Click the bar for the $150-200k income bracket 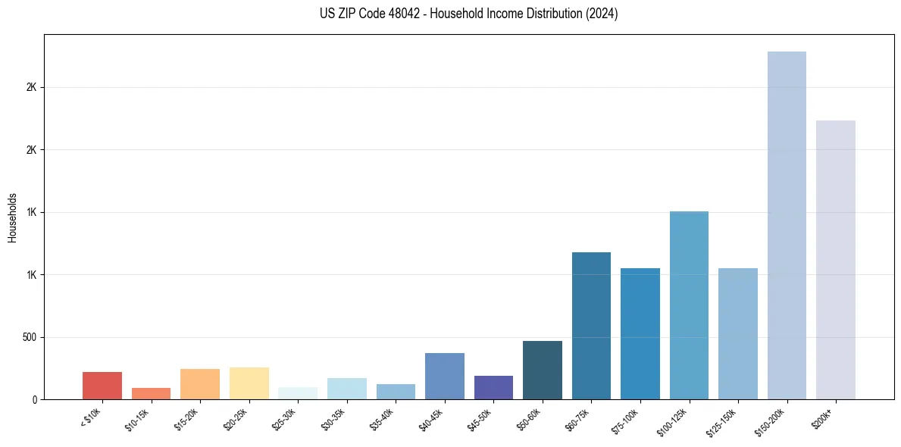click(x=787, y=225)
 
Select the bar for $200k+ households click(x=836, y=260)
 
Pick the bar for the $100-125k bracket click(x=689, y=305)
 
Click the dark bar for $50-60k click(x=543, y=370)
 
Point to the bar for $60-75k click(x=591, y=326)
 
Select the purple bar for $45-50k click(x=493, y=387)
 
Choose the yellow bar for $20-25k click(x=249, y=383)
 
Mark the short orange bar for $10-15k click(x=151, y=393)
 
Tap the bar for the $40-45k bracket click(x=445, y=376)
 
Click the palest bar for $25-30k click(x=298, y=393)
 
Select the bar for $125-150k click(x=738, y=333)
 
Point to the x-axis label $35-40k click(x=383, y=419)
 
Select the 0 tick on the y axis click(x=34, y=399)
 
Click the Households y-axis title click(x=12, y=217)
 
